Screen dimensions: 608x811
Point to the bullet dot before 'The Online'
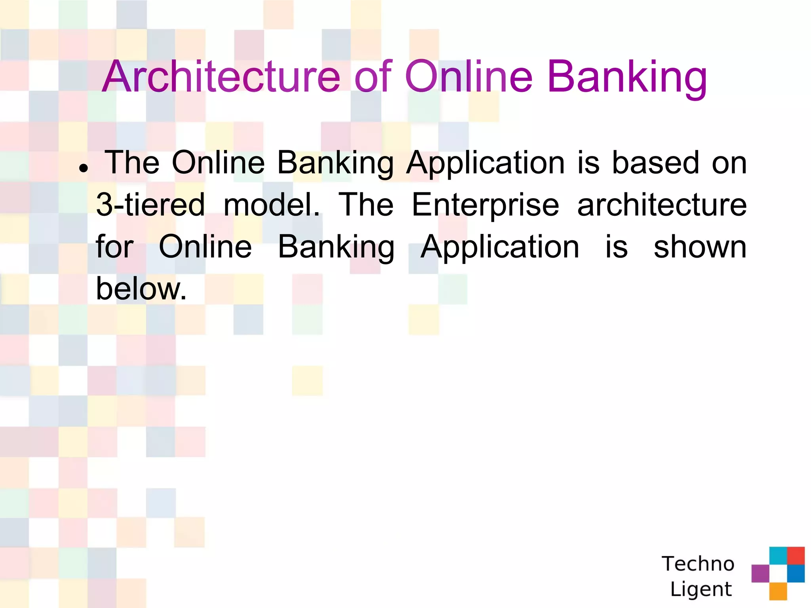83,168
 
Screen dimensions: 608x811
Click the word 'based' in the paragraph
655,163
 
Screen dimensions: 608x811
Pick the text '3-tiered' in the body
150,205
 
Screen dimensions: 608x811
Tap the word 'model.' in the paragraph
272,205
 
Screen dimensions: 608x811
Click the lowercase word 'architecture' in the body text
662,205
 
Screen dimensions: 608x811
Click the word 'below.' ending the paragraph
141,289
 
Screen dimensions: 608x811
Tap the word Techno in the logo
698,564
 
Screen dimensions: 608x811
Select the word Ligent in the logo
701,589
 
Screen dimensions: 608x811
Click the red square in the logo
796,555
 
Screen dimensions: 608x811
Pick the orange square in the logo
778,591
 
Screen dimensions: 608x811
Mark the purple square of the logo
760,573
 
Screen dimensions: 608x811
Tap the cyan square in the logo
778,555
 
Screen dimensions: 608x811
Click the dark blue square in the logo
796,573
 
